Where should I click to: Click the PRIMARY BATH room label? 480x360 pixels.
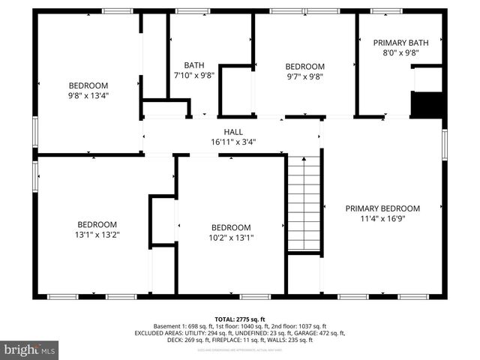pyautogui.click(x=400, y=43)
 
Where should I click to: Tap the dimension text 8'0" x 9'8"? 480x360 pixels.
pyautogui.click(x=400, y=53)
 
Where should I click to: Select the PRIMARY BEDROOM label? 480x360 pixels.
pyautogui.click(x=382, y=208)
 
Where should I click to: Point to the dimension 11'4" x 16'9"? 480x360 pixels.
pyautogui.click(x=382, y=219)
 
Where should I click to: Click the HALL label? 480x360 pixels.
pyautogui.click(x=232, y=131)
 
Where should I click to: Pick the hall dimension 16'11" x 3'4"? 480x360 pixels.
pyautogui.click(x=232, y=142)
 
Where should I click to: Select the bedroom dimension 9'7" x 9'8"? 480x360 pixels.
pyautogui.click(x=304, y=76)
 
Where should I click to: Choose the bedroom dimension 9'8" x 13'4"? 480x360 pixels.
pyautogui.click(x=88, y=95)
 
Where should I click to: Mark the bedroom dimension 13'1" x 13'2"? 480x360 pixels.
pyautogui.click(x=97, y=235)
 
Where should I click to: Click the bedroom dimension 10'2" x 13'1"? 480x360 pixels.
pyautogui.click(x=230, y=238)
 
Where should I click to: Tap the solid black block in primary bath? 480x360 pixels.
pyautogui.click(x=428, y=104)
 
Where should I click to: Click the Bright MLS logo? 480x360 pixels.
pyautogui.click(x=30, y=349)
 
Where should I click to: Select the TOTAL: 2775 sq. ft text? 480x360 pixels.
pyautogui.click(x=239, y=319)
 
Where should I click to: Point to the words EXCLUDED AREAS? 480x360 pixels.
pyautogui.click(x=158, y=333)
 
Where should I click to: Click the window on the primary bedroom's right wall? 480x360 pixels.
pyautogui.click(x=444, y=143)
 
